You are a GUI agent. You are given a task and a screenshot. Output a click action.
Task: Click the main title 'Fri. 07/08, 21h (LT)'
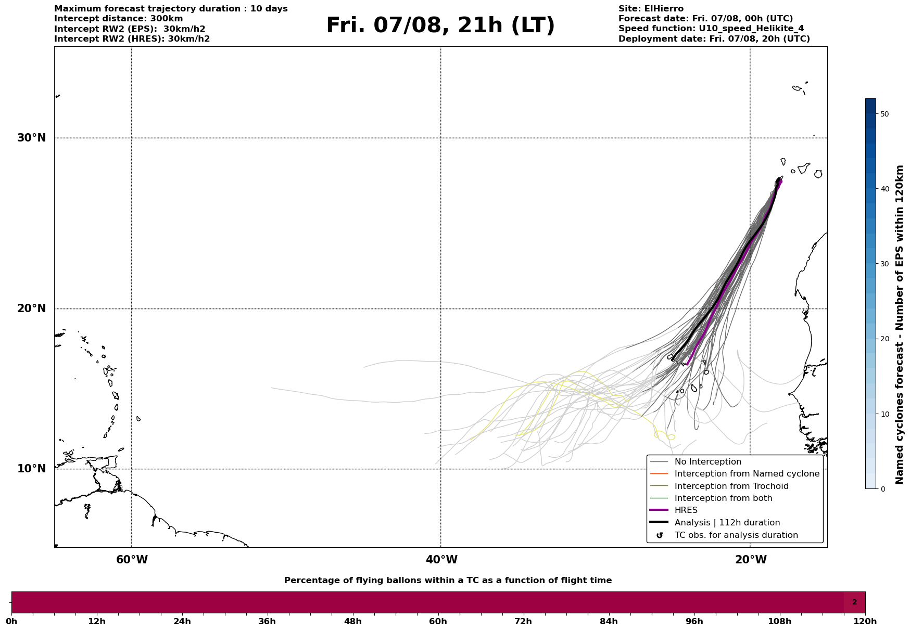coord(440,25)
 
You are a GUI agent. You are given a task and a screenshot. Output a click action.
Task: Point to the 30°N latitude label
coord(31,138)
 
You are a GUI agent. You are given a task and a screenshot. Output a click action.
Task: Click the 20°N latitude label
coord(31,308)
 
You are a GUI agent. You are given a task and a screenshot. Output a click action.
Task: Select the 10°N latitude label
coord(31,469)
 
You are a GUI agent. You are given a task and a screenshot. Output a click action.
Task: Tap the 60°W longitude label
coord(132,560)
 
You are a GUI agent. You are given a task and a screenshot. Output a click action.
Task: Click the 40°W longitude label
coord(441,560)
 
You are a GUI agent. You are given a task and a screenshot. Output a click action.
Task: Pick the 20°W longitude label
coord(751,560)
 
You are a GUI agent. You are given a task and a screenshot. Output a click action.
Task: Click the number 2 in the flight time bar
coord(854,602)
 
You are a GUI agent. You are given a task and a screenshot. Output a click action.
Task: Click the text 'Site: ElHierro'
coord(651,9)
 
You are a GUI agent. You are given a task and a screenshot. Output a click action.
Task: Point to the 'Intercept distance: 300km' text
coord(119,19)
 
